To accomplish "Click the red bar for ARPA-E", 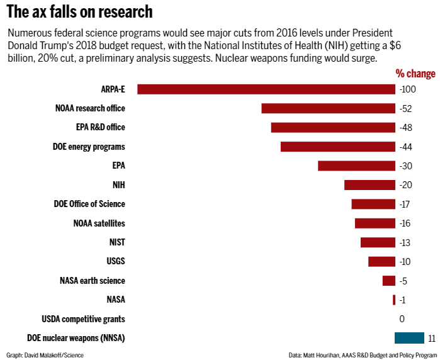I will pos(266,89).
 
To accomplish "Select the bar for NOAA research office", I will pos(328,108).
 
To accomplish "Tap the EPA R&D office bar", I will pos(333,127).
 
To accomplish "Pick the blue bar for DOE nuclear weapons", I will pos(409,338).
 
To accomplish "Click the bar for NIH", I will pos(369,185).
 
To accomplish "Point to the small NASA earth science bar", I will pos(388,281).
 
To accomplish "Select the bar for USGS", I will pos(381,261).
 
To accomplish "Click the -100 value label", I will pos(408,89).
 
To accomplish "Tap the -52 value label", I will pos(405,108).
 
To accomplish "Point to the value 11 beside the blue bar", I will pos(431,339).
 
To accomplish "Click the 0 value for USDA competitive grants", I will pos(402,319).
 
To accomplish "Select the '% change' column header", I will pos(415,74).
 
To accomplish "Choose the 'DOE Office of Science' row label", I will pos(89,204).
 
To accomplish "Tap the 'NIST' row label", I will pos(116,242).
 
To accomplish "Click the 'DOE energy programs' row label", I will pos(89,147).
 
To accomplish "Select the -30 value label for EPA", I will pos(405,166).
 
